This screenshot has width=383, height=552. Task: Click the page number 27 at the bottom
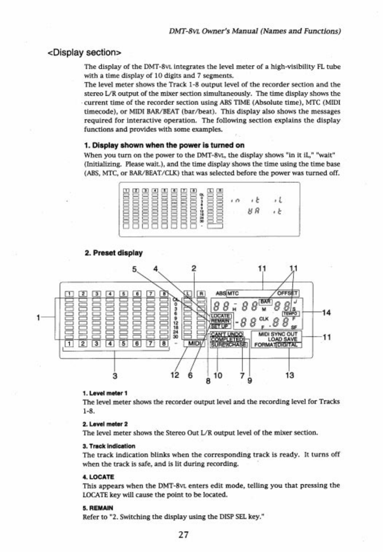pos(183,535)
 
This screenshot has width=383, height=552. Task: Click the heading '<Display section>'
pos(84,52)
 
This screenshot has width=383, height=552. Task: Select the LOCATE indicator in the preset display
pos(220,315)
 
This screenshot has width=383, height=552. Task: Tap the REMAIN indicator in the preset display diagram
pos(220,321)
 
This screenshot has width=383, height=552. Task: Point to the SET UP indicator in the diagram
pos(219,326)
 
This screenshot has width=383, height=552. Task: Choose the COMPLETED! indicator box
pos(228,339)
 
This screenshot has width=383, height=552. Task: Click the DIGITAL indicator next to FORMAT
pos(289,345)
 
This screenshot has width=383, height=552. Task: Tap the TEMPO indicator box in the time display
pos(291,313)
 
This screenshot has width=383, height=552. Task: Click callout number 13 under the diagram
pos(289,375)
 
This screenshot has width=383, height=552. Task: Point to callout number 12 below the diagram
pos(175,375)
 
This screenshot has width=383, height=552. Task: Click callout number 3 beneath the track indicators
pos(115,376)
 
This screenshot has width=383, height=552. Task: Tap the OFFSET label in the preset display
pos(288,293)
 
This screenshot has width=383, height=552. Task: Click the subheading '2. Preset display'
pos(113,253)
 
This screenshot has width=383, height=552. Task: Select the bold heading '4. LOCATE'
pos(98,477)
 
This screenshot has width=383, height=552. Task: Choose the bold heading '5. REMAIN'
pos(98,508)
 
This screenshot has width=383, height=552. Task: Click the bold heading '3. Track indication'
pos(109,446)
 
